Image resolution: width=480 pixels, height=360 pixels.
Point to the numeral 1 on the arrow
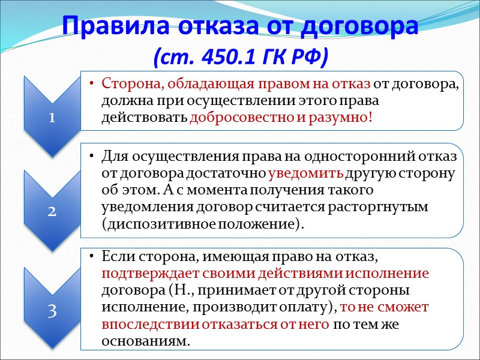point(52,118)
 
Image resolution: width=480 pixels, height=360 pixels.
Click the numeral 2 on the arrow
point(52,212)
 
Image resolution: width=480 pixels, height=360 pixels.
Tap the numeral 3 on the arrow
point(52,312)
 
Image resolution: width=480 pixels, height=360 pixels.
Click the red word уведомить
point(306,174)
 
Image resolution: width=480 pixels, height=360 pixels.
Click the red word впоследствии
point(143,325)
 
